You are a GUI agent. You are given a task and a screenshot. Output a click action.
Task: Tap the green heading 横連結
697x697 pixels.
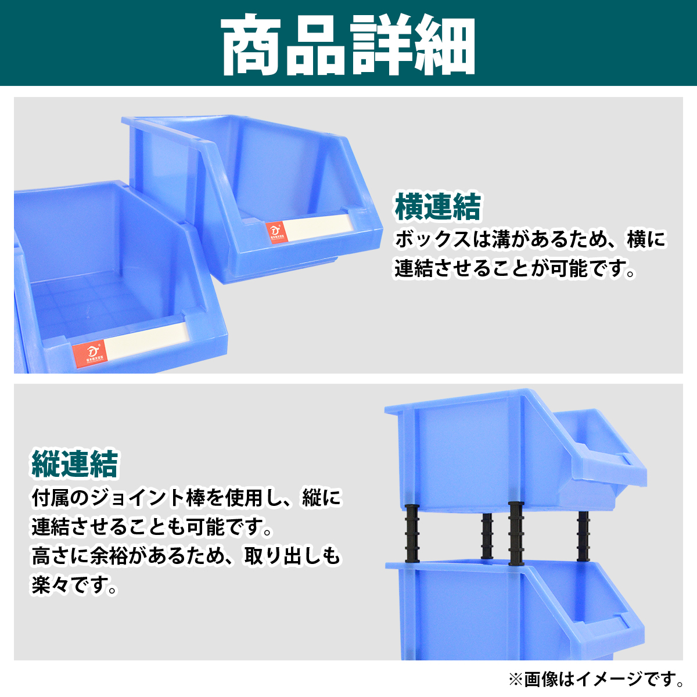(x=438, y=207)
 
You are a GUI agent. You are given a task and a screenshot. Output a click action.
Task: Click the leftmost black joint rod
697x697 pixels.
(x=412, y=533)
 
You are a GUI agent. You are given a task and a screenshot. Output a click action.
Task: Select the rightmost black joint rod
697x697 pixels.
(x=583, y=536)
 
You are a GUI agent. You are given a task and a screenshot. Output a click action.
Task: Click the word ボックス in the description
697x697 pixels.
(x=433, y=239)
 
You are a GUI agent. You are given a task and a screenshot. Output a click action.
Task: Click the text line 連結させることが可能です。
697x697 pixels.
(x=515, y=268)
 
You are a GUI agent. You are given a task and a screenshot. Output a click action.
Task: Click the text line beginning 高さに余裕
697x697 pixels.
(x=186, y=556)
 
